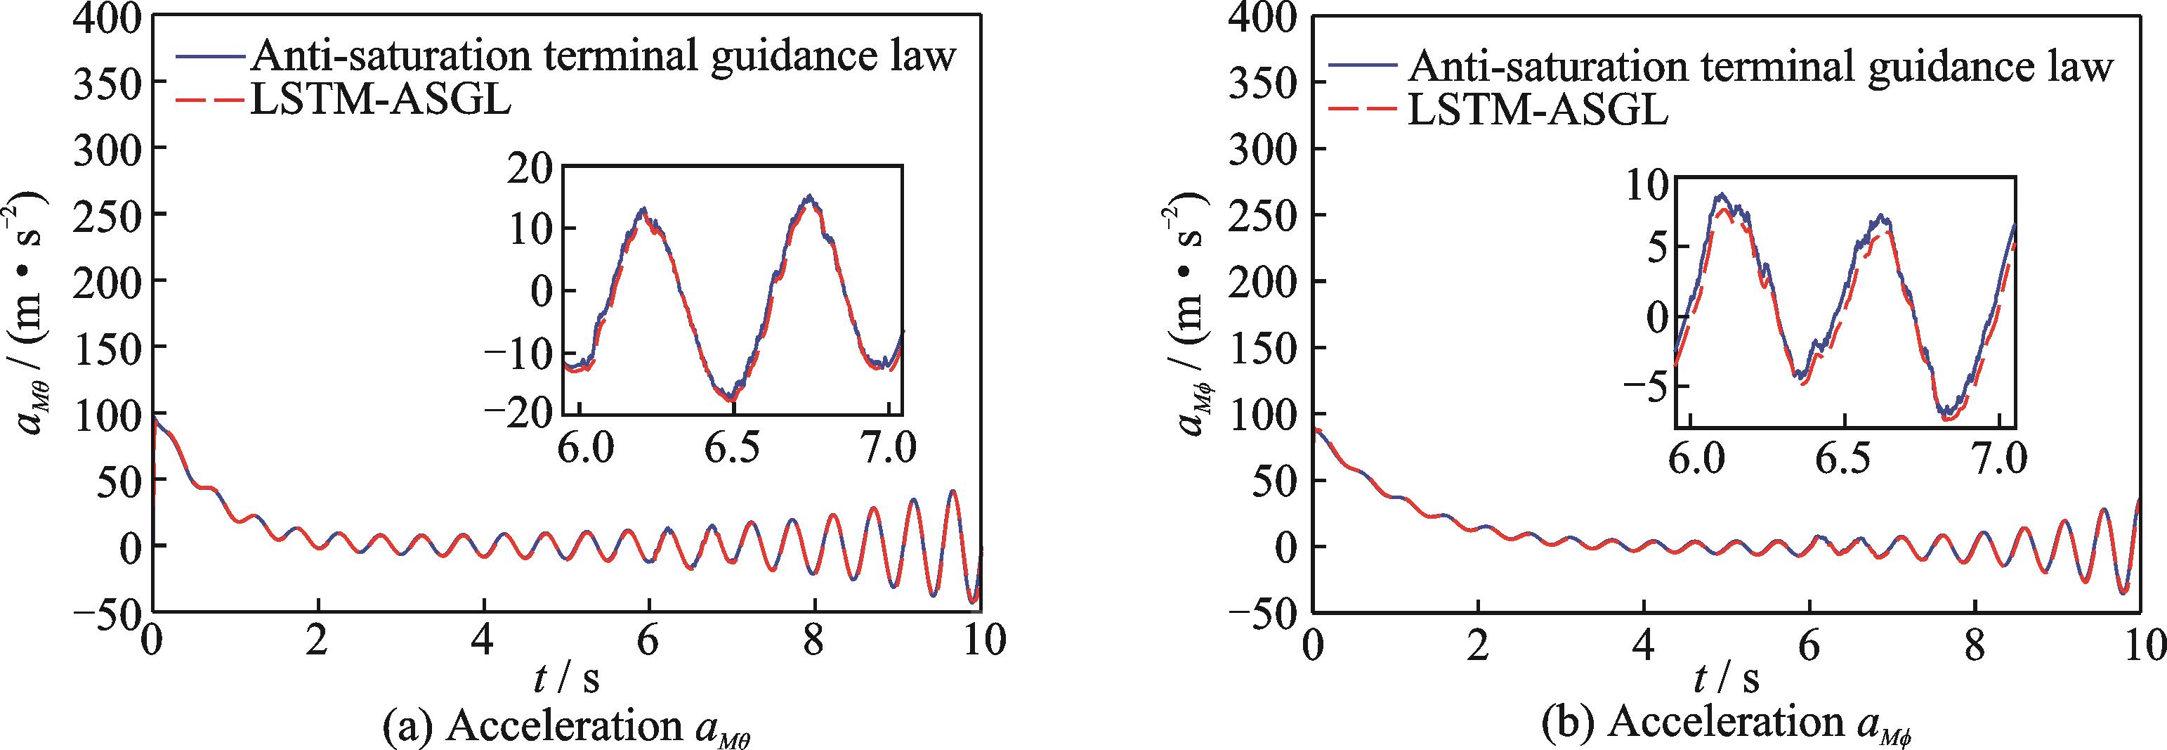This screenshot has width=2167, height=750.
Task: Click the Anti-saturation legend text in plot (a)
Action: tap(605, 57)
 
